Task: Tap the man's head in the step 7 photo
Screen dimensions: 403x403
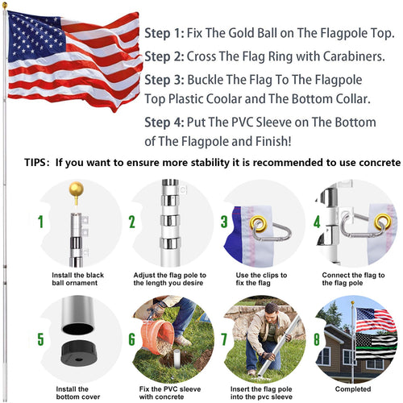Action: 271,308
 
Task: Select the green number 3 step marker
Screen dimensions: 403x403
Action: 224,221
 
